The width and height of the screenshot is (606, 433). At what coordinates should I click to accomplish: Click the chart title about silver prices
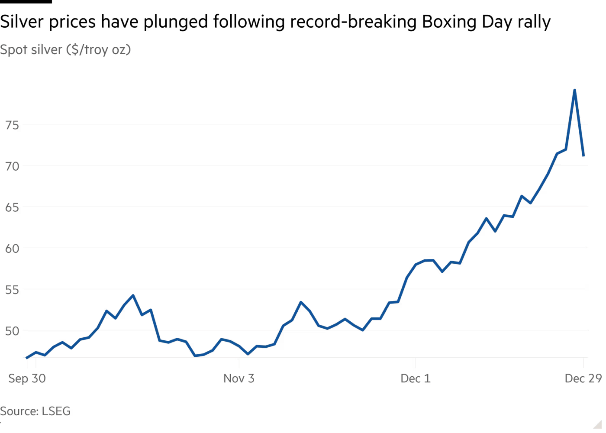275,22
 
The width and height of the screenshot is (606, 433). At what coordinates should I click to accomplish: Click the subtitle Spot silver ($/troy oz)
65,50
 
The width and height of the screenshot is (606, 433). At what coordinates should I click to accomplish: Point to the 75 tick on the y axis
13,126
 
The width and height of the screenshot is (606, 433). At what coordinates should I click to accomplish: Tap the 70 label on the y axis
13,167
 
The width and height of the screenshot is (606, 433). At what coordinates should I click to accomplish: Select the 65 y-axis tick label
13,208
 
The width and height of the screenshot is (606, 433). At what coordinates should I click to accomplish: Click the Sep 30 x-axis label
27,379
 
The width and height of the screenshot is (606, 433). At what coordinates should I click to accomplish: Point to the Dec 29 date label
583,379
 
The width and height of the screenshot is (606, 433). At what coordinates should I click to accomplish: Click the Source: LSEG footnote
35,410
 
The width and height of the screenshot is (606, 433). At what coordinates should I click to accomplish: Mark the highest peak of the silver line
574,89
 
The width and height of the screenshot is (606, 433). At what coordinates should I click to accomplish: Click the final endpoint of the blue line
584,156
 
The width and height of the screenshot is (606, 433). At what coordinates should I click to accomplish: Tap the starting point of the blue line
27,358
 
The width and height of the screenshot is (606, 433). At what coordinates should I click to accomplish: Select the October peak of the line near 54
133,296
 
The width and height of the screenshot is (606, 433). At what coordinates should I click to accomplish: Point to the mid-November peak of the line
301,302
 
